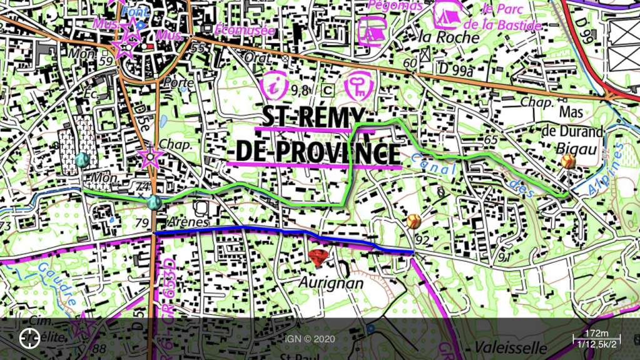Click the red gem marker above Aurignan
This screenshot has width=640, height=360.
click(318, 257)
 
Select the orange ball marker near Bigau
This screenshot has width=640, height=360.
click(568, 162)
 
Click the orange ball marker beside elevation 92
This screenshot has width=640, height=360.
click(413, 220)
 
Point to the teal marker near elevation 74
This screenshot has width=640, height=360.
click(154, 202)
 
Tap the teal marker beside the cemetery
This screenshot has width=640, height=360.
click(82, 160)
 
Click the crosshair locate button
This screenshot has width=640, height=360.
click(29, 338)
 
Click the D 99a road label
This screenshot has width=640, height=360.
click(455, 68)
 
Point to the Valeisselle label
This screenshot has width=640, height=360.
click(502, 347)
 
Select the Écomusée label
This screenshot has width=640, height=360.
click(245, 29)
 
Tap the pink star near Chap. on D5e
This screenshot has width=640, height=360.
click(150, 156)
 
